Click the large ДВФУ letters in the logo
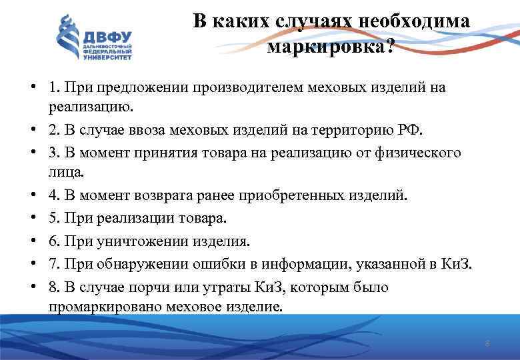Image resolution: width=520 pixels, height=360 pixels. [x=107, y=36]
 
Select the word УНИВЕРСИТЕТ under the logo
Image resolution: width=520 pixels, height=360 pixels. [x=107, y=58]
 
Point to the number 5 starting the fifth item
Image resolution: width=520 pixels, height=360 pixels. [x=52, y=218]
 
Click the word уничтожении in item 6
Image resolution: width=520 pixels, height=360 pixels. [x=126, y=240]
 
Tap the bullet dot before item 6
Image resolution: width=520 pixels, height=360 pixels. [x=33, y=240]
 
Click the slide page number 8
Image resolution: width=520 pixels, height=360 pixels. [x=487, y=344]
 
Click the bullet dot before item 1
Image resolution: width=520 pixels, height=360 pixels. [x=33, y=87]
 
